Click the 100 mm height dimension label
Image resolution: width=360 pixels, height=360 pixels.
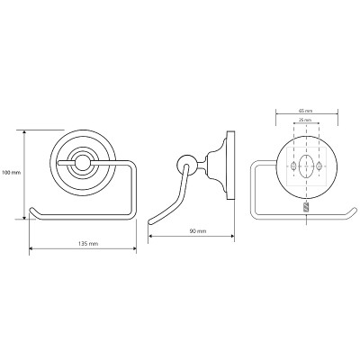click(12, 173)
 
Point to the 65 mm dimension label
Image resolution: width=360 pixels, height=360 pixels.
click(306, 111)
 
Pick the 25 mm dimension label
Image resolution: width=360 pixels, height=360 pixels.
click(305, 120)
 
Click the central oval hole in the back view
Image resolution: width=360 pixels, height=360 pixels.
click(306, 166)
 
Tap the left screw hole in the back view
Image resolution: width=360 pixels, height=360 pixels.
click(293, 165)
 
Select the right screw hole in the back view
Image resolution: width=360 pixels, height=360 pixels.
click(319, 165)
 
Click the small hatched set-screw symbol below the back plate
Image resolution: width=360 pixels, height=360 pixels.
click(306, 208)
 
